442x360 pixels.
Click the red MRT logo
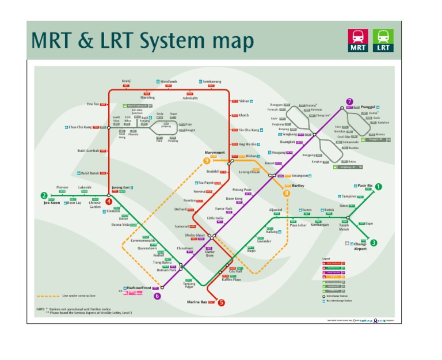pyautogui.click(x=358, y=40)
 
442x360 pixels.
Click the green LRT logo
pyautogui.click(x=383, y=40)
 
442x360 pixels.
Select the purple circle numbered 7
pyautogui.click(x=349, y=102)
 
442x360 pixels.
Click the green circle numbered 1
pyautogui.click(x=378, y=186)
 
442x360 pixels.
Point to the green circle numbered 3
pyautogui.click(x=373, y=242)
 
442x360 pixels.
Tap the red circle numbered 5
pyautogui.click(x=222, y=302)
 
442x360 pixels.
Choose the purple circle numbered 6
pyautogui.click(x=157, y=296)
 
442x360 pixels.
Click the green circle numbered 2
pyautogui.click(x=43, y=195)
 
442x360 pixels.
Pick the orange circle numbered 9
pyautogui.click(x=207, y=161)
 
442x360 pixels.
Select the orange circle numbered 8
pyautogui.click(x=287, y=194)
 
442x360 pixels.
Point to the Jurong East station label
pyautogui.click(x=121, y=188)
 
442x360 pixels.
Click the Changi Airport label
pyautogui.click(x=360, y=246)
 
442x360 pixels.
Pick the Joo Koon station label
pyautogui.click(x=52, y=203)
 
